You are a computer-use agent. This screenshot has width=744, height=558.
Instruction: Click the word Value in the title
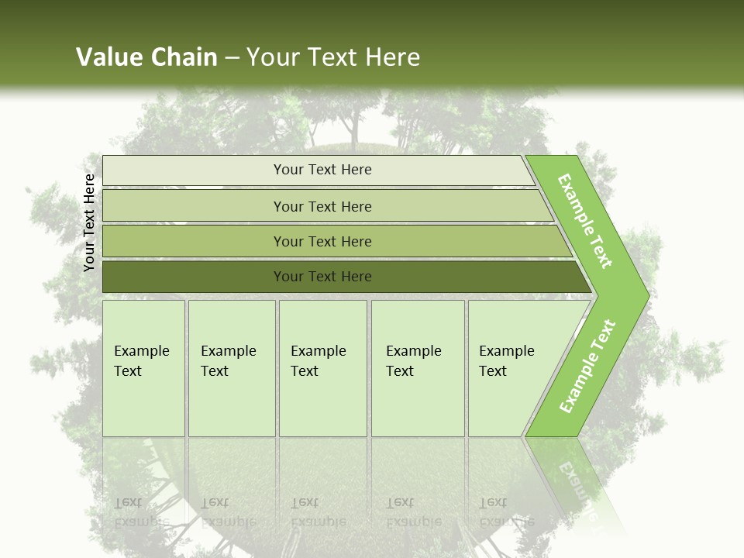pos(108,57)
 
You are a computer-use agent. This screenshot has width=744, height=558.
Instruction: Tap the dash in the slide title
pos(232,57)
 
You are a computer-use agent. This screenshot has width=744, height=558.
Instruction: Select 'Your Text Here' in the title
pos(333,57)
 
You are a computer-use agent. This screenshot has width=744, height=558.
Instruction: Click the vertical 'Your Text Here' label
pos(89,222)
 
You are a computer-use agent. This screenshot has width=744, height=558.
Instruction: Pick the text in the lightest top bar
pos(322,170)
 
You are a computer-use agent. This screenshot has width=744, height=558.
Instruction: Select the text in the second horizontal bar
pos(322,206)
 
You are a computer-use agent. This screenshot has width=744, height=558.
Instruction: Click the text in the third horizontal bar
pos(322,241)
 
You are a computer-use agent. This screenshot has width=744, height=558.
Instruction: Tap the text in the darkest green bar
pos(322,276)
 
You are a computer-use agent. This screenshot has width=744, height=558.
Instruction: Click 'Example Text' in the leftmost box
pos(141,360)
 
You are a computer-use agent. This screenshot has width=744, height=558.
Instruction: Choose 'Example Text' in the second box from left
pos(228,360)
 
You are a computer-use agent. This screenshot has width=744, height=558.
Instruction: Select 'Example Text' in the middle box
pos(318,360)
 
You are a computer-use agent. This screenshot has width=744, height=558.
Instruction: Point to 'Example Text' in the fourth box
pos(413,360)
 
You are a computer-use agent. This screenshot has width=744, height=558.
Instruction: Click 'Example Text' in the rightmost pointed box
pos(506,360)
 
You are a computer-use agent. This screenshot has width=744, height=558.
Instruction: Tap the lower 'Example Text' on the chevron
pos(587,366)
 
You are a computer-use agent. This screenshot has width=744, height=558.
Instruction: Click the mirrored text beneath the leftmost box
pos(141,512)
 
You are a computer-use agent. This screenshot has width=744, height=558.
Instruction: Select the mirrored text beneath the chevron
pos(577,488)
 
